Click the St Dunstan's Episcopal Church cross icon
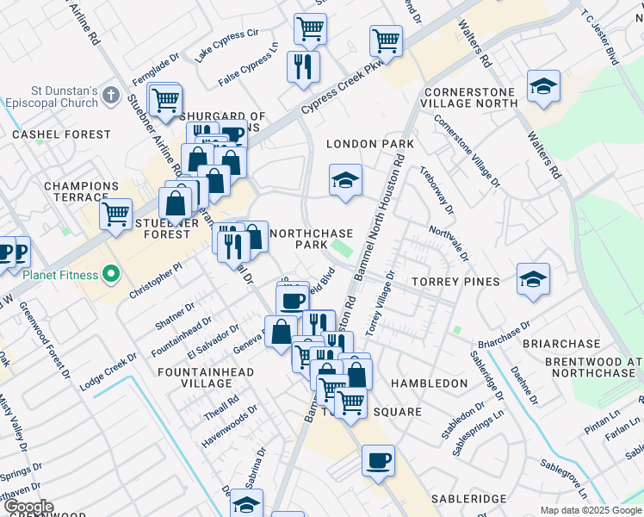click(x=110, y=94)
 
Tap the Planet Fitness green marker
click(x=110, y=276)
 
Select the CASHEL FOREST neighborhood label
click(x=61, y=134)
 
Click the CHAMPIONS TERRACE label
click(x=81, y=192)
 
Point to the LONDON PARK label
click(x=370, y=144)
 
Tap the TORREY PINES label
click(x=455, y=282)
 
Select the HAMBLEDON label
click(x=429, y=383)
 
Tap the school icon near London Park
click(x=345, y=180)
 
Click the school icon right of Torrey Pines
click(x=533, y=279)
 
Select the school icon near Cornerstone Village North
click(x=543, y=86)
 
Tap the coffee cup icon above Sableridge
click(x=378, y=460)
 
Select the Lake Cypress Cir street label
click(x=227, y=45)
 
